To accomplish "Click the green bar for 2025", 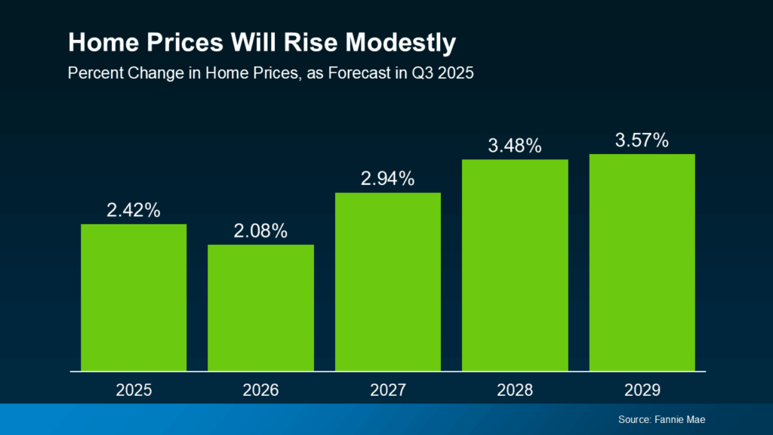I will (x=134, y=298).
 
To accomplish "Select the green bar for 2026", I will (x=260, y=307).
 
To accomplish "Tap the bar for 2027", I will (x=387, y=282).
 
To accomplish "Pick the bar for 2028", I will (x=515, y=265).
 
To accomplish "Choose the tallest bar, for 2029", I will (x=642, y=262).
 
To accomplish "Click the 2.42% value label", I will (x=134, y=211).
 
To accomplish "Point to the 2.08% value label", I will (x=260, y=231).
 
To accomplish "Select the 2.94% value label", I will (x=387, y=179).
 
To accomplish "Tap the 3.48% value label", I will (x=515, y=146).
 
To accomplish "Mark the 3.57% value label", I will (x=642, y=140).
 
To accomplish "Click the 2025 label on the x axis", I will (x=134, y=390).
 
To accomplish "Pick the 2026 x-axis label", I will (x=260, y=390).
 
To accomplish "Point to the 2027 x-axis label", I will (x=387, y=390).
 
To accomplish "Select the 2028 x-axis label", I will (x=515, y=390).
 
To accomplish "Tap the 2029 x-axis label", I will (x=642, y=390).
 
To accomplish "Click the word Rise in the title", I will (x=306, y=43).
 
